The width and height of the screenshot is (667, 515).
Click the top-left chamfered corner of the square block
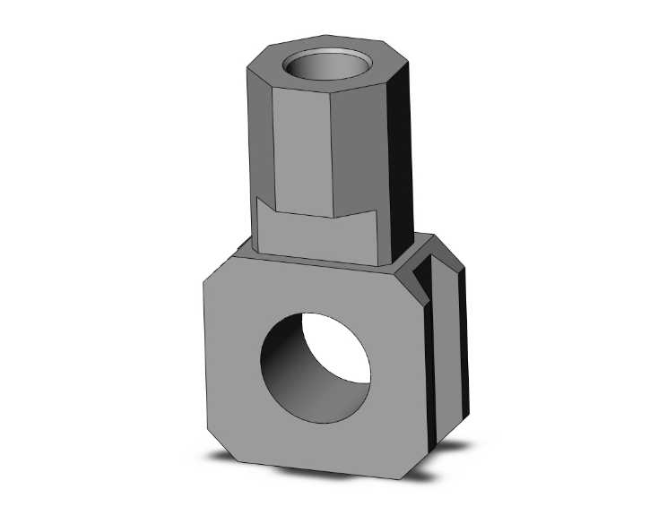click(218, 267)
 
